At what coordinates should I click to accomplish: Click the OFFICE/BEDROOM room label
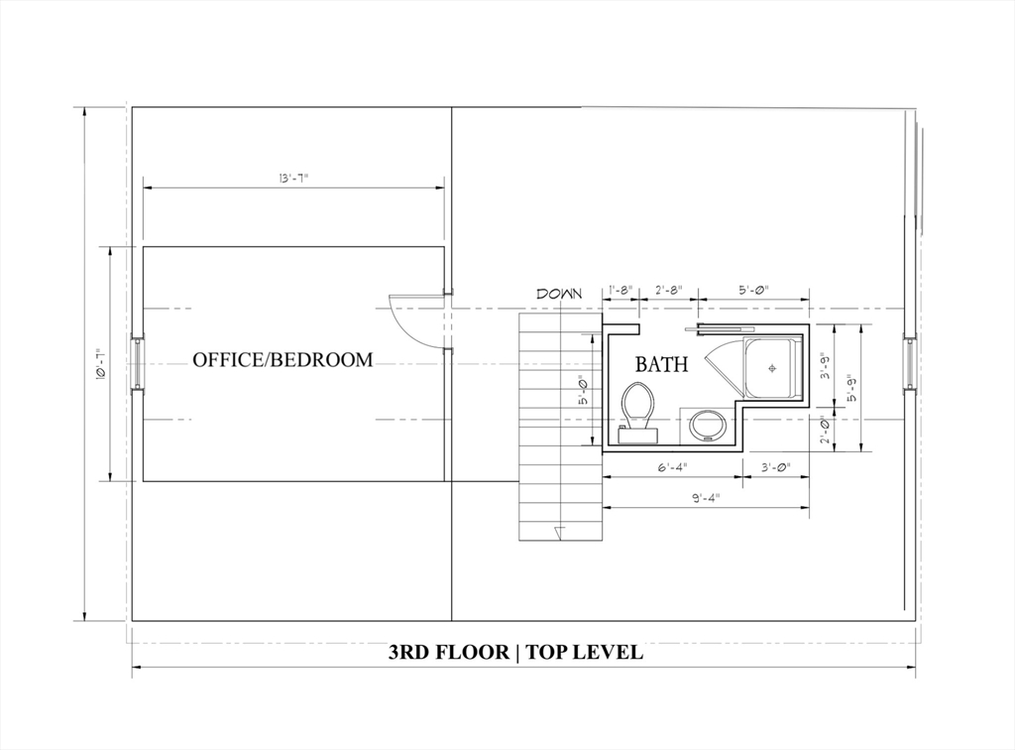pyautogui.click(x=282, y=359)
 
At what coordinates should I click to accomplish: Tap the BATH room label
pyautogui.click(x=661, y=365)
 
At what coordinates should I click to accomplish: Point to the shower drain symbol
pyautogui.click(x=771, y=368)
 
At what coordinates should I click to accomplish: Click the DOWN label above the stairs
pyautogui.click(x=559, y=294)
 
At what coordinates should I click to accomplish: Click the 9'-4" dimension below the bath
pyautogui.click(x=706, y=497)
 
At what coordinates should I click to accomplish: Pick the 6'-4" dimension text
pyautogui.click(x=673, y=467)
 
